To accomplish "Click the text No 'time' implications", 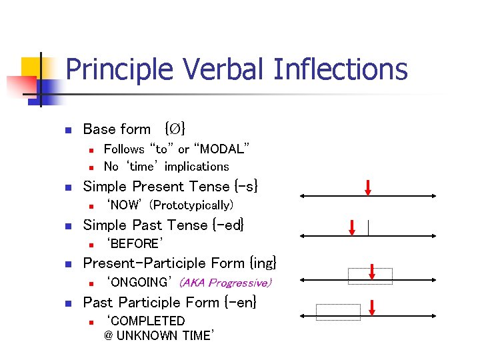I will click(166, 167).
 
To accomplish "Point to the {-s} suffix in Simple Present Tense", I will click(245, 186).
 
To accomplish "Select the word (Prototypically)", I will click(192, 205).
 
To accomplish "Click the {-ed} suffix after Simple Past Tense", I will click(229, 225).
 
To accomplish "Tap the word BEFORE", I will click(135, 243).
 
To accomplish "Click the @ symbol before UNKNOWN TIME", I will click(109, 336).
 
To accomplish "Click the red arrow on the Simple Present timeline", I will click(368, 187).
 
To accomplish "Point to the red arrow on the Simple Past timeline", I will click(353, 227).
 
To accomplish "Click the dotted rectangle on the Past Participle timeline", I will click(338, 311).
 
